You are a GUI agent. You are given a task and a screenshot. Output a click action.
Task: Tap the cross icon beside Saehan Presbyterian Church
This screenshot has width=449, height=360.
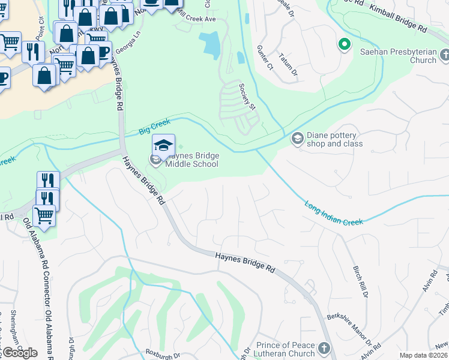445,56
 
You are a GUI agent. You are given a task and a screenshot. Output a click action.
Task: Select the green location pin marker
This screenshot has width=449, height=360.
345,44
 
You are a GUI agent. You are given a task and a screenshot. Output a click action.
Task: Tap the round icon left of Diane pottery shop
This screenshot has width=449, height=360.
297,139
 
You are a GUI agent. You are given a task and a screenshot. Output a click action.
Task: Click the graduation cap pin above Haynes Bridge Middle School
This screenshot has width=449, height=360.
163,145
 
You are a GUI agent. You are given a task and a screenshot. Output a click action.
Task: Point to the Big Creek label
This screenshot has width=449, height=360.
154,125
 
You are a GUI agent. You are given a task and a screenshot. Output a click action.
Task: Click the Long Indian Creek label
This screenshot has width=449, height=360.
334,213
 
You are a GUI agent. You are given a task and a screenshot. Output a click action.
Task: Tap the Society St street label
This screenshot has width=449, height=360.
247,97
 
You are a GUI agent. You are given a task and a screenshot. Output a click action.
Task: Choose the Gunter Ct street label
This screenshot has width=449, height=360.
265,58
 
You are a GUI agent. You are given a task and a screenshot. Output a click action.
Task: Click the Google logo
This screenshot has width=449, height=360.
19,353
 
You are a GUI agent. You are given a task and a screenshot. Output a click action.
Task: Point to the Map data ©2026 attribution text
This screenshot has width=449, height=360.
423,355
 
